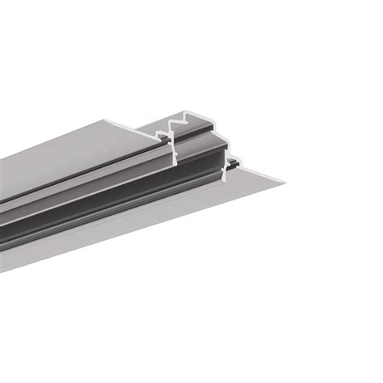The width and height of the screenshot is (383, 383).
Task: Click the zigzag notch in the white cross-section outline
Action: pyautogui.click(x=175, y=122)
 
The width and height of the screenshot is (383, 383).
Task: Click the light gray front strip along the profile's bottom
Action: pyautogui.click(x=121, y=234)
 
